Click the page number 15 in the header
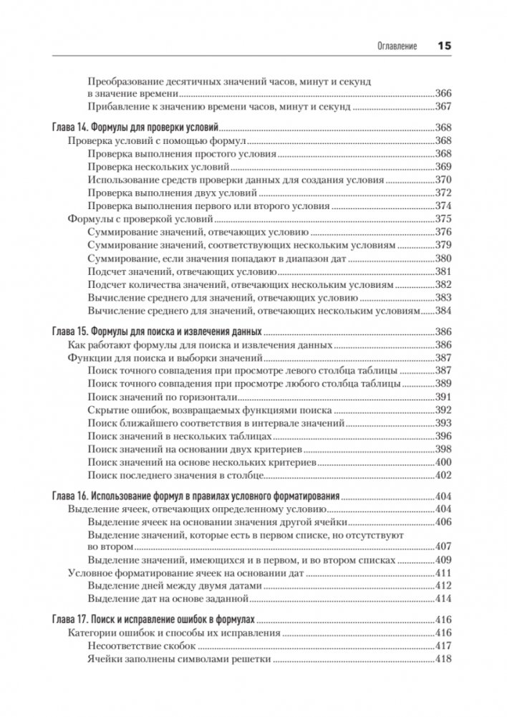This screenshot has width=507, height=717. (x=444, y=47)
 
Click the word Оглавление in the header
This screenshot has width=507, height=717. (x=397, y=47)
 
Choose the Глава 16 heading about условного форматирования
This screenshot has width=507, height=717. (x=196, y=496)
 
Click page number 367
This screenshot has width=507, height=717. (x=444, y=106)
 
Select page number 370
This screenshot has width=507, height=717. (x=444, y=180)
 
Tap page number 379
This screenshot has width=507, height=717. (x=444, y=246)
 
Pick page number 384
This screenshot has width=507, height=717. (x=444, y=312)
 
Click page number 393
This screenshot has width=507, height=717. (x=444, y=424)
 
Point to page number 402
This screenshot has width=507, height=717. (x=444, y=476)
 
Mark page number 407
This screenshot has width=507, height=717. (x=444, y=548)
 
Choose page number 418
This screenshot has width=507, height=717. (x=444, y=660)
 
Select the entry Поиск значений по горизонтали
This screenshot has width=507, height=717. (x=162, y=398)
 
